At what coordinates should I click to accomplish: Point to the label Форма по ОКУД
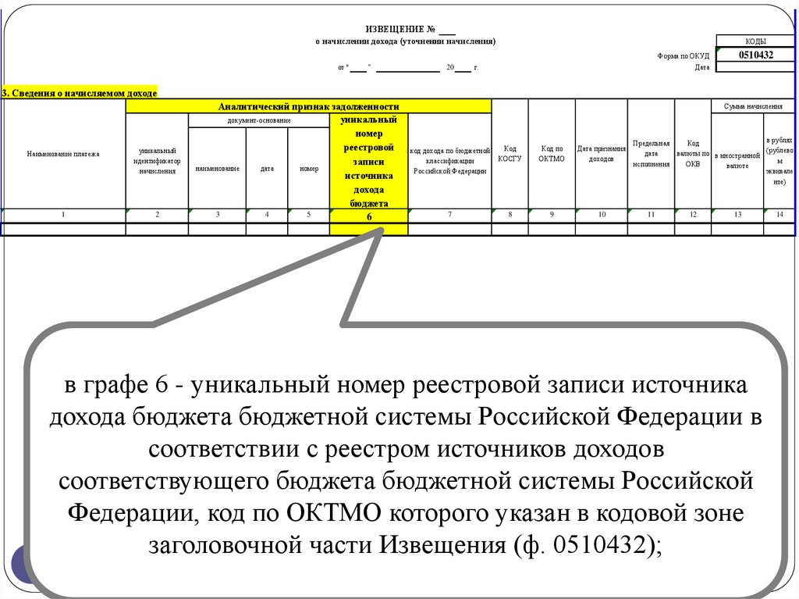684,55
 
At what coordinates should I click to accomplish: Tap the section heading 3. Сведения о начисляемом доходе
79,92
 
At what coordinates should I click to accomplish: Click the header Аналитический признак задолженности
308,106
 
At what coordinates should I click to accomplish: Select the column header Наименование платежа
63,155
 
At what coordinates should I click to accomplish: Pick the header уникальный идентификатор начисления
157,160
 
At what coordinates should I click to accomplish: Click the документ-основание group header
259,120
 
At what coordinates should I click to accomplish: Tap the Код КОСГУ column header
510,153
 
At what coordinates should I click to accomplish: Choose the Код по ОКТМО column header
551,153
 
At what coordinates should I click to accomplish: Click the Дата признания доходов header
602,153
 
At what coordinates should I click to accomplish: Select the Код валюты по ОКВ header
693,154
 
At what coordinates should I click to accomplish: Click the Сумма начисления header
753,105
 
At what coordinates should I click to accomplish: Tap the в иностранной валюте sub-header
737,160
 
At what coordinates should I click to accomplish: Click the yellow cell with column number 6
368,217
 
